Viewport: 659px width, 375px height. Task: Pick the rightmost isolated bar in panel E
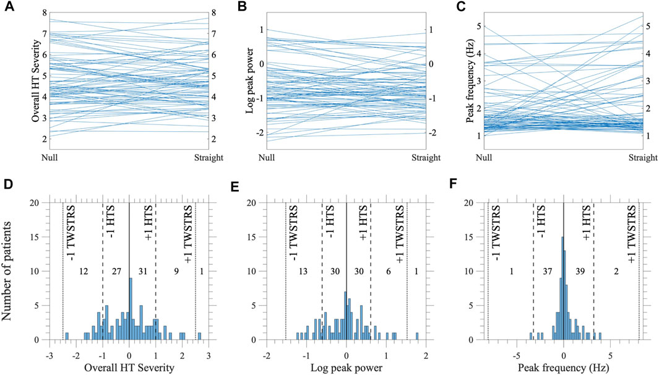click(417, 337)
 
